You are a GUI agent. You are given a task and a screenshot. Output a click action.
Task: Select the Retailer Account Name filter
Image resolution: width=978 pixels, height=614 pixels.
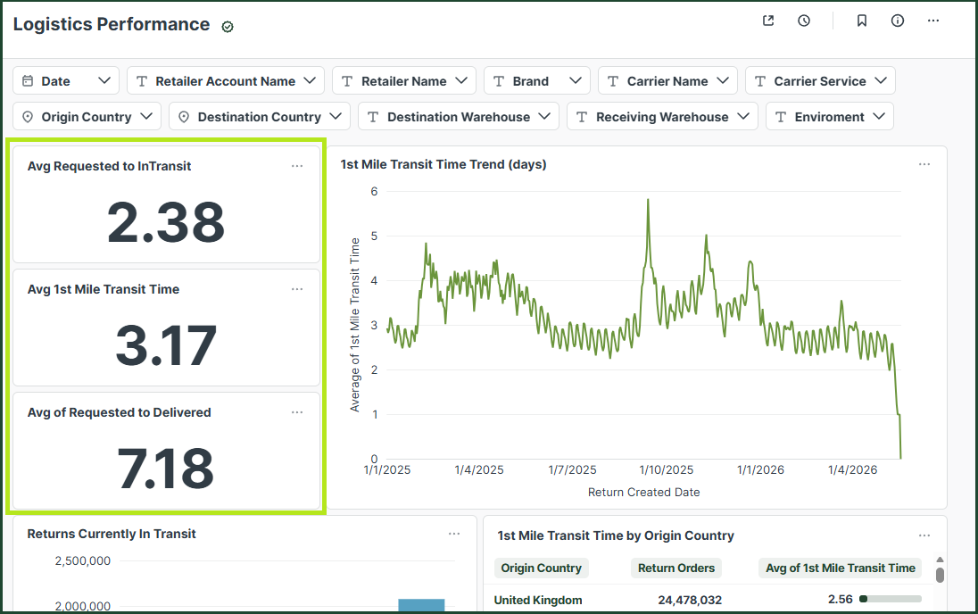(226, 80)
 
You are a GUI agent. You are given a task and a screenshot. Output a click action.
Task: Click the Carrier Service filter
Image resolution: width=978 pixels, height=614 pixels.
(820, 80)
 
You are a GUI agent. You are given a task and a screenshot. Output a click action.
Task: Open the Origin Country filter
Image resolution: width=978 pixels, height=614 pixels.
(87, 116)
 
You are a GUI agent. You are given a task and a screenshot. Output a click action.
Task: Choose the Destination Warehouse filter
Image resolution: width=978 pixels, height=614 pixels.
(459, 116)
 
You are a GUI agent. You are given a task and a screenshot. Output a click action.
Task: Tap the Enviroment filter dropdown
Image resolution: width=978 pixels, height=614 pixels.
(830, 116)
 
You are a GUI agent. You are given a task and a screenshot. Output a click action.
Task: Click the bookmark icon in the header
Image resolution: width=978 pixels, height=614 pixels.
(861, 21)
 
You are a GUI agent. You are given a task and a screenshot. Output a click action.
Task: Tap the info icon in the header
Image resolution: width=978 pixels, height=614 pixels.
(898, 21)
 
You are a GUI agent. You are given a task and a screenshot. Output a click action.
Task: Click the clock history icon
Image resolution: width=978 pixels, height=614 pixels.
(804, 21)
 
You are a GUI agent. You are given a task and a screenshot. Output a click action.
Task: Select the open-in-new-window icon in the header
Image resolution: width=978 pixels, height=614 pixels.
(768, 21)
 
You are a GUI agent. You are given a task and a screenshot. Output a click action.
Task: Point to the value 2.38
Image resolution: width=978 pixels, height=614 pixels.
(166, 221)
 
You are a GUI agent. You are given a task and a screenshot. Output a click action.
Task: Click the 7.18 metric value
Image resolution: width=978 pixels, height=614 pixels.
(166, 468)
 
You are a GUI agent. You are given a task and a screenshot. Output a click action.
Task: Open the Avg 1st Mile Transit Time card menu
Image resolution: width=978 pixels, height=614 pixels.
(297, 289)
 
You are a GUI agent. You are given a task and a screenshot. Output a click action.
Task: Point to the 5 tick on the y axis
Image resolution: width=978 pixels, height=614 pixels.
(374, 236)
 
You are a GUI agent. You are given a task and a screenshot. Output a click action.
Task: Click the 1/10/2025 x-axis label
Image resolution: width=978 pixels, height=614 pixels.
(667, 469)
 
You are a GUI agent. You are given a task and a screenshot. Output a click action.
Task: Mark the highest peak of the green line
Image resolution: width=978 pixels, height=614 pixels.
(648, 200)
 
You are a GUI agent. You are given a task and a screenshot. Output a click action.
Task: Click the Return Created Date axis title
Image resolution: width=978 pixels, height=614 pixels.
(643, 493)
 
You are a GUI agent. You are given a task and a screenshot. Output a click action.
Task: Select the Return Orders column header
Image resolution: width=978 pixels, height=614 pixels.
(676, 568)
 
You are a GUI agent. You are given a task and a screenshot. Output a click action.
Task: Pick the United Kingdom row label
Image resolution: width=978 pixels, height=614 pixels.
(538, 600)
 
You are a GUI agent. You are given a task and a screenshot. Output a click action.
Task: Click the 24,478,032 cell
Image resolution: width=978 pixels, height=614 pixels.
(690, 600)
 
